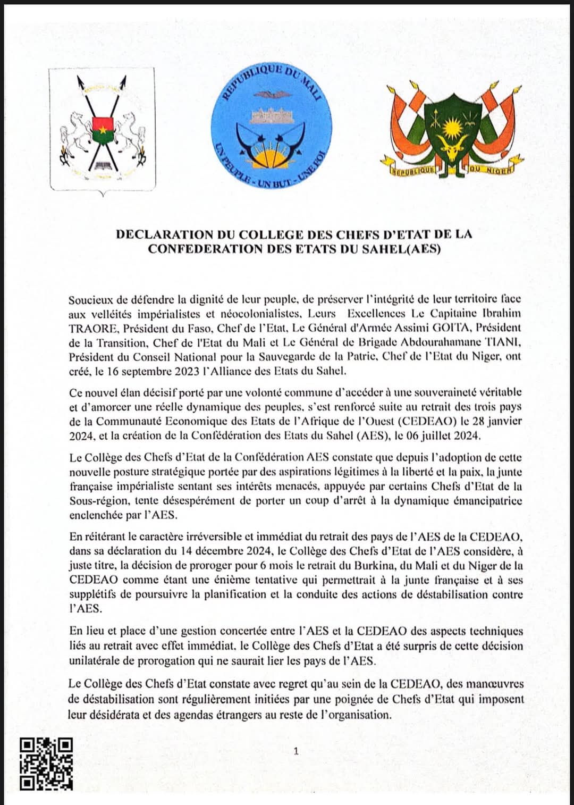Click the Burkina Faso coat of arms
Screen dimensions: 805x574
click(103, 130)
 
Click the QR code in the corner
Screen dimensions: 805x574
click(46, 764)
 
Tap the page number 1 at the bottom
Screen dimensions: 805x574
click(296, 751)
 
